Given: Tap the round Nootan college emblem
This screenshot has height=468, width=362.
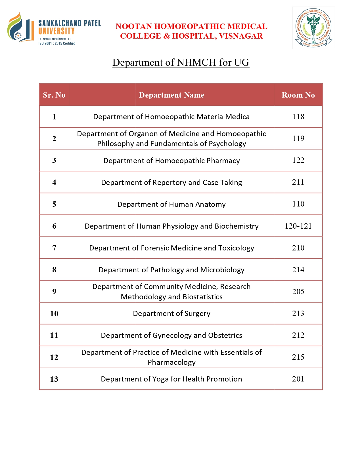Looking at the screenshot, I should [x=313, y=28].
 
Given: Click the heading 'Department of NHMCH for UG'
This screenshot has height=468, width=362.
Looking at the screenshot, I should [x=181, y=62].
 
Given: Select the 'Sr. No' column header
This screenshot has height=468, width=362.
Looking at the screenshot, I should [x=54, y=95].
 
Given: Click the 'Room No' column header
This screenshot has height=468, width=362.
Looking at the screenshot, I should [x=298, y=95].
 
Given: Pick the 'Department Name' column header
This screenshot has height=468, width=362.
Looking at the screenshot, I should [x=171, y=95].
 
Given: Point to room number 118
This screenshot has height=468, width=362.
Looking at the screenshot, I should [x=298, y=117].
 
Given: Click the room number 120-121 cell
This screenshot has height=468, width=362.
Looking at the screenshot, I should [x=298, y=226].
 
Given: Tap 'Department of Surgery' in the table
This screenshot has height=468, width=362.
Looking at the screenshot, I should [x=171, y=313].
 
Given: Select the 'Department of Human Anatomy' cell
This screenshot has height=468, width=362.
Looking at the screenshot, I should [x=171, y=204].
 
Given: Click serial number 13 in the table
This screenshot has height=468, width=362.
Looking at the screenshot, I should [x=54, y=379].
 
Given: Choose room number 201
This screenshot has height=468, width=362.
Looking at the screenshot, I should [x=298, y=379].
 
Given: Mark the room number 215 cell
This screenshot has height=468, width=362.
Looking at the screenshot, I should [x=298, y=357].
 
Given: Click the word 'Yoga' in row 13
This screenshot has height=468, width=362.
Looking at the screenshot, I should [x=160, y=379].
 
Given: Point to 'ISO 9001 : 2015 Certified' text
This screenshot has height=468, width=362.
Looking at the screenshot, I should [x=57, y=43].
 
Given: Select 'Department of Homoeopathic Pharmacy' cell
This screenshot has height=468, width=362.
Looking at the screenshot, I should [x=171, y=161].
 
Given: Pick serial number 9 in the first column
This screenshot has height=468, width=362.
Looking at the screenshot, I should [x=54, y=292].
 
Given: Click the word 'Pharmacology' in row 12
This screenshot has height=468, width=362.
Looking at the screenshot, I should [x=171, y=362].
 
